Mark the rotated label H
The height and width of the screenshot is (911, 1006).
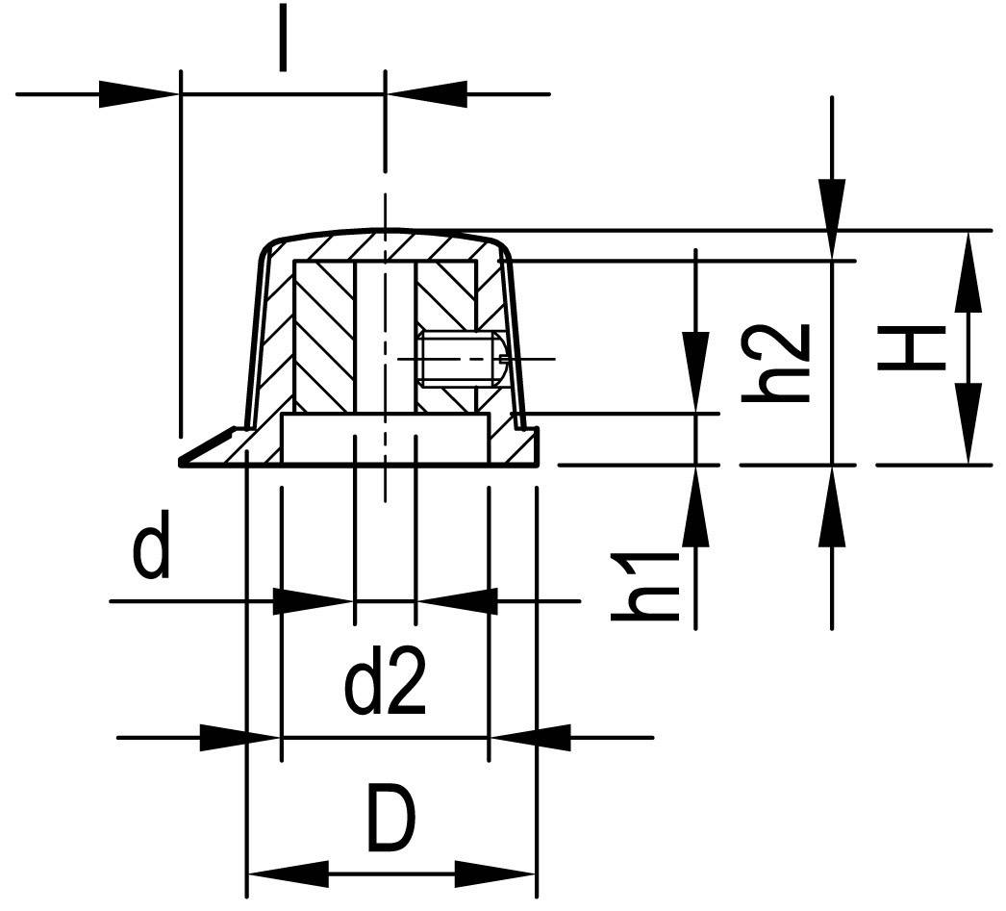tap(909, 348)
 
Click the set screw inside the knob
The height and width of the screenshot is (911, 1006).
tap(459, 358)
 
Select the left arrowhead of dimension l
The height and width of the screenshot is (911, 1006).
tap(140, 94)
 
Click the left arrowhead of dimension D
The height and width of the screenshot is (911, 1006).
tap(289, 874)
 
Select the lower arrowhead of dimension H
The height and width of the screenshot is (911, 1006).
tap(969, 423)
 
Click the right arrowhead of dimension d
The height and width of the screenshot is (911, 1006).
tap(458, 602)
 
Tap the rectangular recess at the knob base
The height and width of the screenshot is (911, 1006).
tap(385, 439)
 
